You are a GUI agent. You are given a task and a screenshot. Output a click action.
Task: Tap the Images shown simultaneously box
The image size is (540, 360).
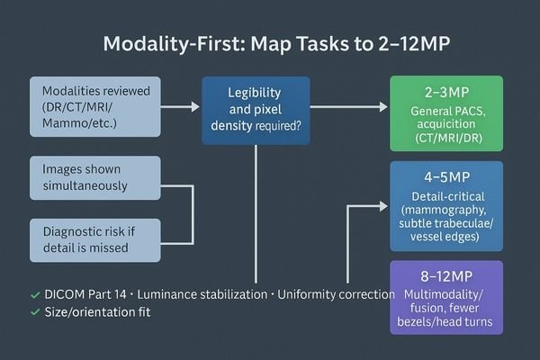[x=94, y=177]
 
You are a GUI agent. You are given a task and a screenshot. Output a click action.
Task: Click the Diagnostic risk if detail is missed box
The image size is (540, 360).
[x=94, y=239]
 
